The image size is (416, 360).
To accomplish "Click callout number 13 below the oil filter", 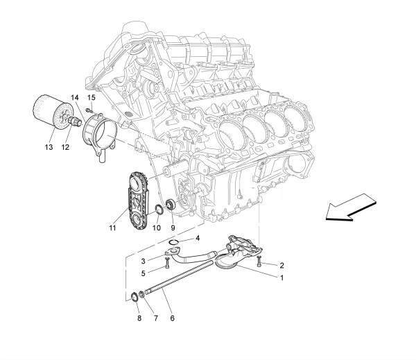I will pyautogui.click(x=49, y=147).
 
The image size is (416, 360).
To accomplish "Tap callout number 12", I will pyautogui.click(x=66, y=147).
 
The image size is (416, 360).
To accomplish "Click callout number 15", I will pyautogui.click(x=91, y=98).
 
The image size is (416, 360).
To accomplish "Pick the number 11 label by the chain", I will pyautogui.click(x=112, y=227).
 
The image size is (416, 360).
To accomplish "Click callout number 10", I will pyautogui.click(x=156, y=227).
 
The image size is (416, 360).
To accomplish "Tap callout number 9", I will pyautogui.click(x=173, y=227).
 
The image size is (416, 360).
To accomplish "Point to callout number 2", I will pyautogui.click(x=282, y=266).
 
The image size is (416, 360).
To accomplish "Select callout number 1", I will pyautogui.click(x=281, y=277).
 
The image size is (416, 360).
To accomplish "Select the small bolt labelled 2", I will pyautogui.click(x=258, y=262).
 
